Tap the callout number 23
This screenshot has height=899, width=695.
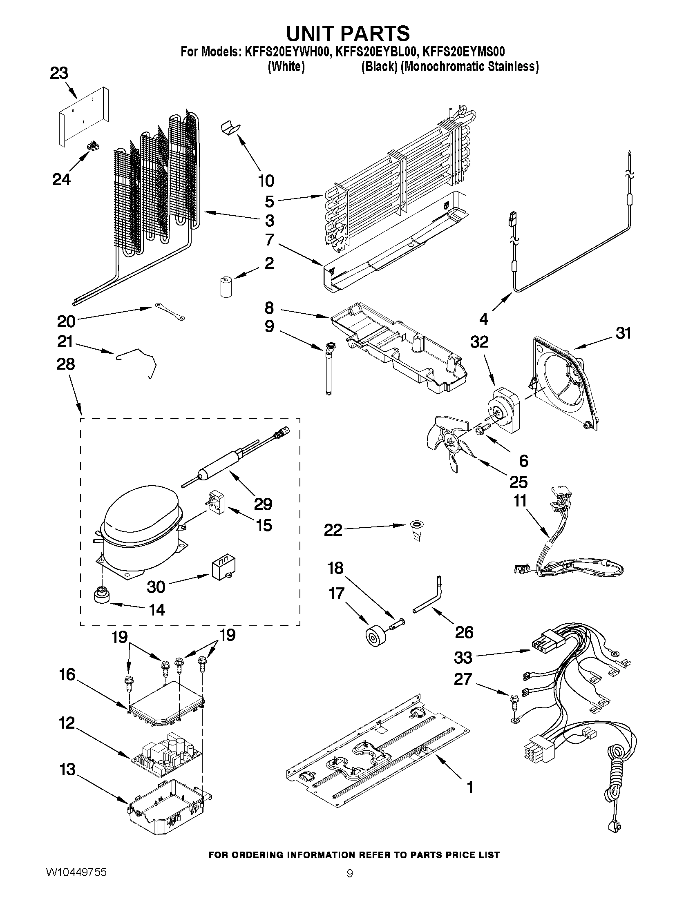tap(59, 74)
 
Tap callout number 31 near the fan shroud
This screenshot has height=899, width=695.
tap(623, 333)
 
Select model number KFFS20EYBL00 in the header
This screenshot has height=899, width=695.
tap(376, 52)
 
